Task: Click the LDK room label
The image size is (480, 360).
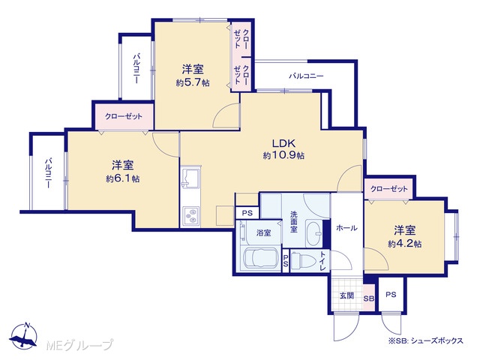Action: pyautogui.click(x=283, y=143)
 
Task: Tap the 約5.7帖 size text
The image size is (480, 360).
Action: pyautogui.click(x=193, y=83)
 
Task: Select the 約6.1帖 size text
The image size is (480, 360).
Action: pyautogui.click(x=123, y=178)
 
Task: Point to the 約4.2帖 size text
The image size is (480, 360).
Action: pyautogui.click(x=405, y=244)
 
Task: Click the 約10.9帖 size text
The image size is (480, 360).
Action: pyautogui.click(x=283, y=155)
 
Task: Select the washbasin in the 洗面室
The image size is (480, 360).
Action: pyautogui.click(x=313, y=233)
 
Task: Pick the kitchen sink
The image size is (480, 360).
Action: pyautogui.click(x=190, y=178)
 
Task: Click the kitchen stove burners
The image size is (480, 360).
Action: pyautogui.click(x=190, y=216)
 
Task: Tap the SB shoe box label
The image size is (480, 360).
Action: pyautogui.click(x=369, y=298)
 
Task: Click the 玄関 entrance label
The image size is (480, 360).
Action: pyautogui.click(x=346, y=295)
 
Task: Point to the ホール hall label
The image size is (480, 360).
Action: pyautogui.click(x=346, y=228)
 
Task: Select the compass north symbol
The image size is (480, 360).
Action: pyautogui.click(x=23, y=335)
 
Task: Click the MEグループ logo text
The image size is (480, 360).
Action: pyautogui.click(x=79, y=345)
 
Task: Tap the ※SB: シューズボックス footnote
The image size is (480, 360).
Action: pyautogui.click(x=425, y=340)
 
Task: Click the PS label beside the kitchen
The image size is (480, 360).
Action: pyautogui.click(x=247, y=213)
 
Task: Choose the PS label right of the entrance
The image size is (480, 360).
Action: pyautogui.click(x=391, y=295)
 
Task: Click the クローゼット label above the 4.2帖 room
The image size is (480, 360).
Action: pyautogui.click(x=389, y=189)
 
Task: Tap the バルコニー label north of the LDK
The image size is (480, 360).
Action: pyautogui.click(x=307, y=76)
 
